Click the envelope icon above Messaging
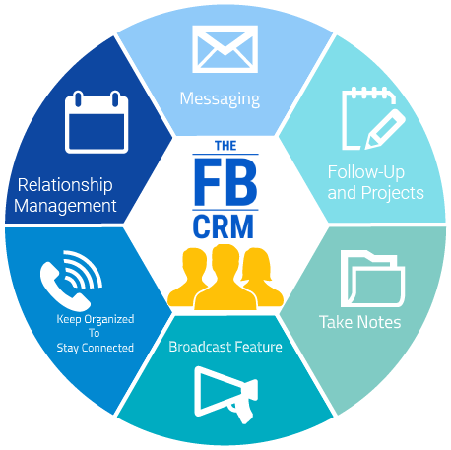(225, 49)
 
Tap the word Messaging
(220, 99)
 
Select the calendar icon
(97, 122)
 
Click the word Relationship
(65, 185)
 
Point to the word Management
(65, 207)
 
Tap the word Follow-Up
(365, 172)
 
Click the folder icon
(372, 279)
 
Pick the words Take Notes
(360, 322)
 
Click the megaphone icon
(225, 395)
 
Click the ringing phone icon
(71, 281)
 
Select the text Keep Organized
(96, 319)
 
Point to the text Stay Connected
(96, 348)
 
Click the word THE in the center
(225, 146)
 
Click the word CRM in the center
(224, 226)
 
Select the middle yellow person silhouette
(225, 278)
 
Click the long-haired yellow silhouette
(262, 278)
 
